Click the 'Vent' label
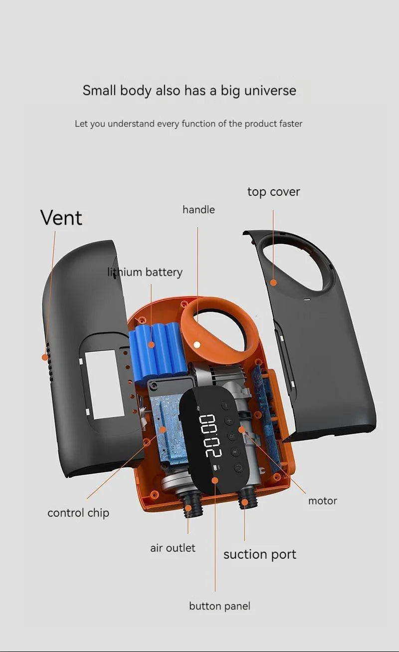click(x=61, y=218)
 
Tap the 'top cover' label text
click(x=273, y=192)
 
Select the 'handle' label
click(x=199, y=210)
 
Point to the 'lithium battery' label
click(x=145, y=272)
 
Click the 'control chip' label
click(x=78, y=513)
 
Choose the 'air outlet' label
click(x=173, y=548)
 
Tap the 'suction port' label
click(x=259, y=554)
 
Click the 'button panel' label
click(x=219, y=606)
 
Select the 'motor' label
click(x=322, y=500)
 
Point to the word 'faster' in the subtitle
click(x=291, y=123)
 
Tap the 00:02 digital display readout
click(x=210, y=435)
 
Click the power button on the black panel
click(x=238, y=468)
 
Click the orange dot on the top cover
click(x=273, y=283)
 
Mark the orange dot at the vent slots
click(x=45, y=357)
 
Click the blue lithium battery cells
click(x=155, y=349)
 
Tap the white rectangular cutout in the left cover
click(x=105, y=383)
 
